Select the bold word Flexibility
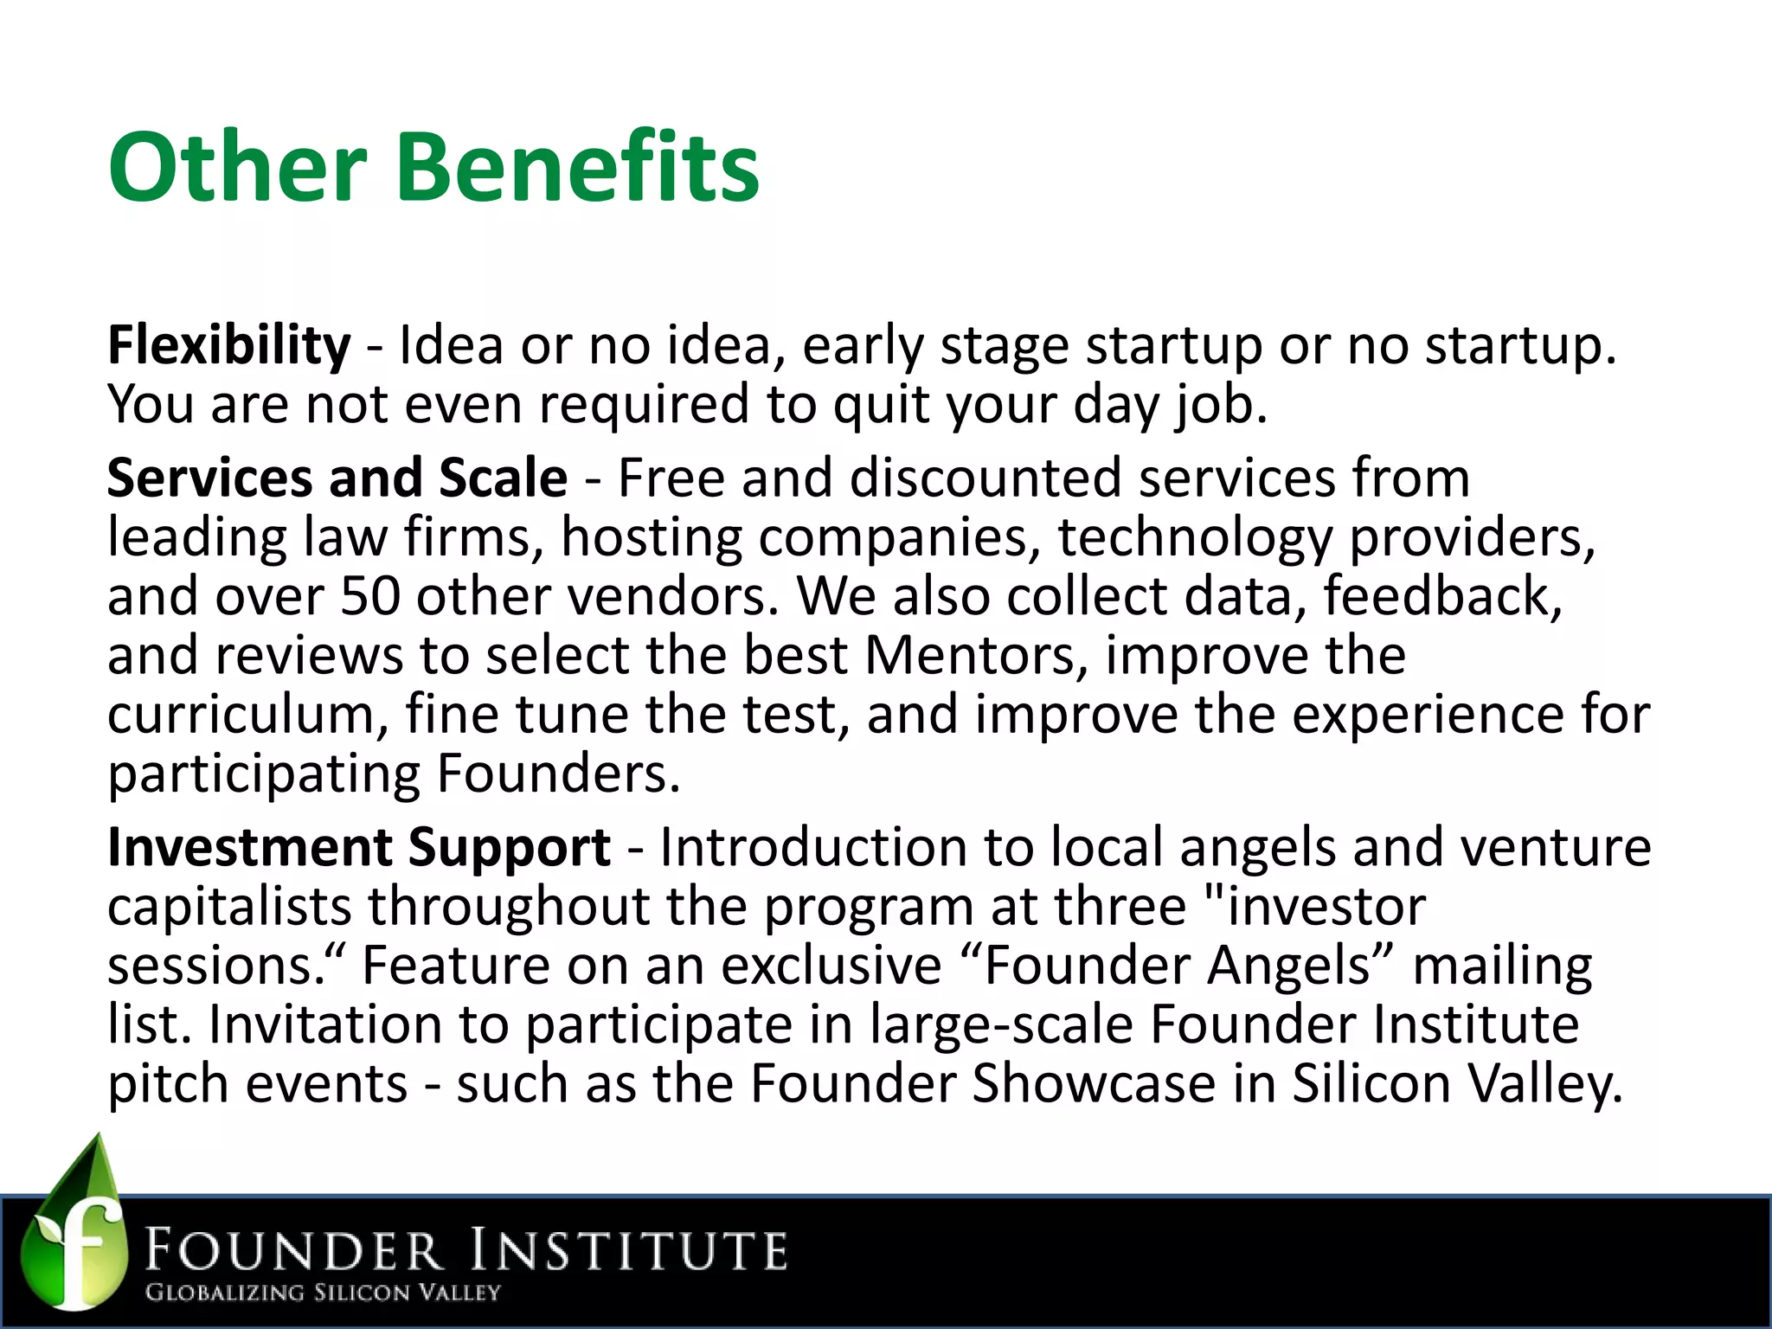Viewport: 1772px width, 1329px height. point(228,345)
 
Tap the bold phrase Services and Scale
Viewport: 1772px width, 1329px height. point(337,478)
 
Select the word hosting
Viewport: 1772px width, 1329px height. point(652,537)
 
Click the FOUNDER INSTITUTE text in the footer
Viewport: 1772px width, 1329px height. point(466,1252)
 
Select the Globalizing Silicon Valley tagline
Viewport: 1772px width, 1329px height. point(323,1293)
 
